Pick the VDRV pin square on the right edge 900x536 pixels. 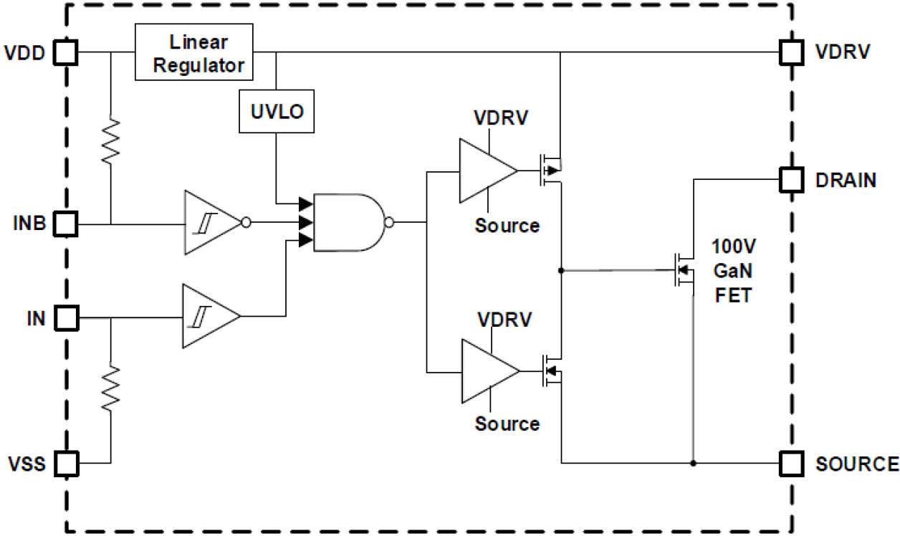[791, 52]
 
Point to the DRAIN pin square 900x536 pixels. [791, 179]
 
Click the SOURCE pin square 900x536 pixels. [791, 463]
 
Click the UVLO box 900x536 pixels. [277, 112]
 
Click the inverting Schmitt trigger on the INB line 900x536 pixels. [213, 223]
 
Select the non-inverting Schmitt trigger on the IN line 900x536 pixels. [209, 317]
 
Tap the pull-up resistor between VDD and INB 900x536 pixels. [110, 141]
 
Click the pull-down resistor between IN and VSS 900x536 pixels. [110, 387]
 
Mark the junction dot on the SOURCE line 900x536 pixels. [694, 463]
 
